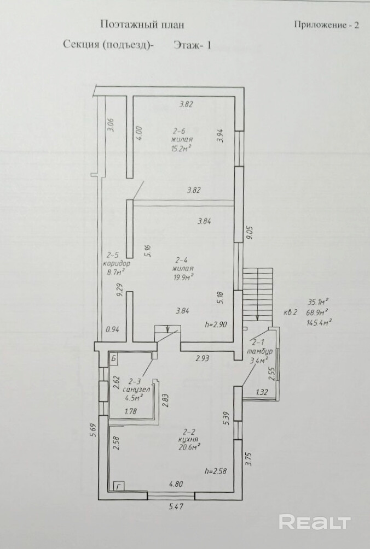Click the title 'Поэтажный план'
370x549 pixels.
coord(142,24)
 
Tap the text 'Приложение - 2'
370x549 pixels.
coord(327,25)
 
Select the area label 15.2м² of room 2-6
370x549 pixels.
coord(181,148)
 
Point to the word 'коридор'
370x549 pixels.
coord(117,263)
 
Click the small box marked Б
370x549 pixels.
coord(114,358)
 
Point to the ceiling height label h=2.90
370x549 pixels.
coord(216,324)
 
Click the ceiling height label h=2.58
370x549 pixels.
coord(216,471)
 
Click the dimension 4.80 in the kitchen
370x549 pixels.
coord(176,484)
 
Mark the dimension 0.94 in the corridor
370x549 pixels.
coord(112,329)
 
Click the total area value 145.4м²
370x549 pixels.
coord(319,321)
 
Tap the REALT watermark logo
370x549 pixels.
coord(315,523)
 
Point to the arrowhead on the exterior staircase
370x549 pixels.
coord(258,317)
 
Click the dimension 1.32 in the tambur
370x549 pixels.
coord(262,392)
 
